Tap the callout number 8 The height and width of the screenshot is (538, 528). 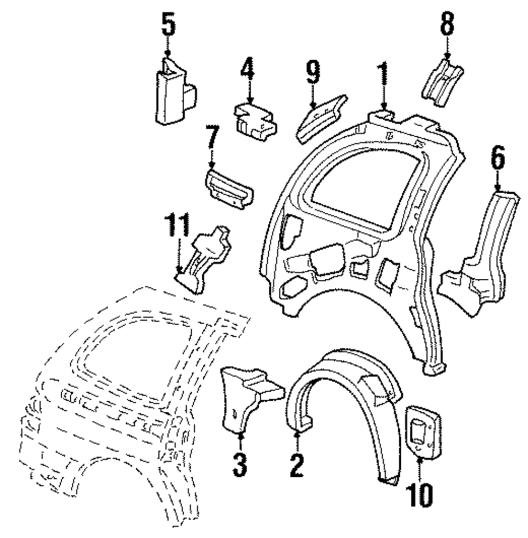click(447, 24)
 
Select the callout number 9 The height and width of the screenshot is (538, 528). click(313, 73)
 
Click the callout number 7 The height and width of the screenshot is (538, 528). click(212, 138)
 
